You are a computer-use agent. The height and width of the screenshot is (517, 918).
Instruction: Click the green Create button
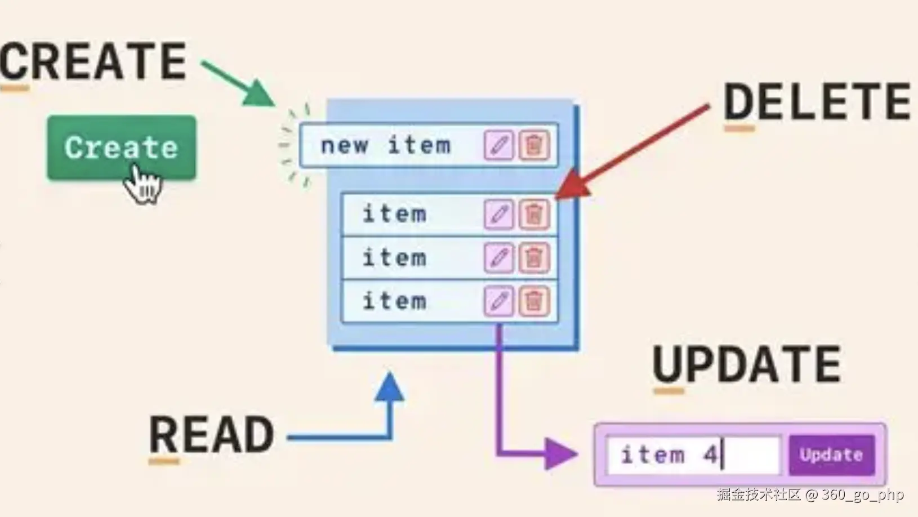(x=121, y=148)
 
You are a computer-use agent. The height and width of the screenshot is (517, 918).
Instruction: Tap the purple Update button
(x=831, y=454)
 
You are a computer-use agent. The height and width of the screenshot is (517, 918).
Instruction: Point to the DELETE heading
(x=816, y=101)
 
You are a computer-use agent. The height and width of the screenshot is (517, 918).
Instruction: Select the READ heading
(x=211, y=435)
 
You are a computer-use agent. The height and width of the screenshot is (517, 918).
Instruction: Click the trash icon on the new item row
(x=533, y=145)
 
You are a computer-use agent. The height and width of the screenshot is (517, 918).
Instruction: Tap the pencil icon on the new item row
(x=498, y=145)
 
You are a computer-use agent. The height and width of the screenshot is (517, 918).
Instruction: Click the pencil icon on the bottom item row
(x=498, y=301)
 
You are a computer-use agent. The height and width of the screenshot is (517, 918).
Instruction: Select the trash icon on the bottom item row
(x=533, y=301)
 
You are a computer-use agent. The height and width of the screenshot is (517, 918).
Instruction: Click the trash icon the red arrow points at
(x=533, y=214)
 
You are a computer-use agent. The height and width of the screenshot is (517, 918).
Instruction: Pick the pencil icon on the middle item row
(x=498, y=257)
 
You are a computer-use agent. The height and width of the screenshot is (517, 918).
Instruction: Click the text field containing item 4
(x=693, y=454)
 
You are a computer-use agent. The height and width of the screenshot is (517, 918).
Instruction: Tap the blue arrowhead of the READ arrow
(x=389, y=387)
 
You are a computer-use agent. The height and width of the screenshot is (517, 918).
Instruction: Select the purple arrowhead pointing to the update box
(x=560, y=454)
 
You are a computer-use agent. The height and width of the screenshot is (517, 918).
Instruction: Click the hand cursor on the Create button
(x=142, y=184)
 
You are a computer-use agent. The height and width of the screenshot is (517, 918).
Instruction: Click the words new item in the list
(x=386, y=145)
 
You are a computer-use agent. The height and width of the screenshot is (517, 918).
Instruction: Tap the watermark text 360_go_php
(x=862, y=494)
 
